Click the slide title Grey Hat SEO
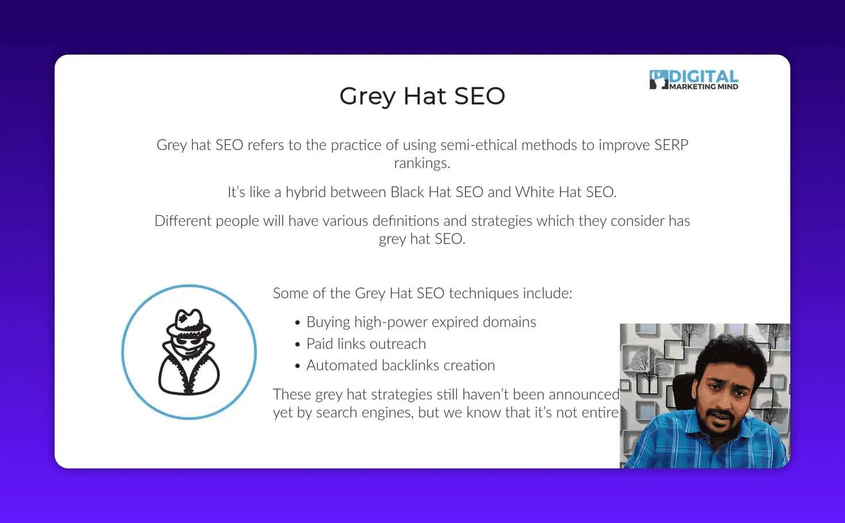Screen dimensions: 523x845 click(x=422, y=96)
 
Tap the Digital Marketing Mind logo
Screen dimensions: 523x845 click(x=694, y=80)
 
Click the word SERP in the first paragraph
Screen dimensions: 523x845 click(x=671, y=145)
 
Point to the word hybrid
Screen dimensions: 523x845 click(x=306, y=192)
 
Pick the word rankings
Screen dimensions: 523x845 click(x=421, y=163)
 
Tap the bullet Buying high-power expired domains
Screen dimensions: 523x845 click(x=421, y=322)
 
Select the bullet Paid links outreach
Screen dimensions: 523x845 click(x=366, y=344)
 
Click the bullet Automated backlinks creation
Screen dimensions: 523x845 click(x=401, y=366)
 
